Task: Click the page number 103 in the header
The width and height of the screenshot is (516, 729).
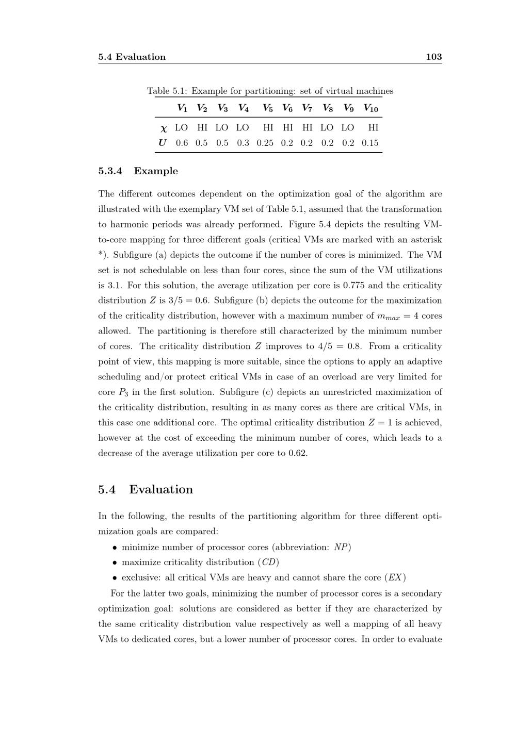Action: (x=433, y=57)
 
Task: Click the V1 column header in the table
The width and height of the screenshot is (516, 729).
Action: (x=182, y=108)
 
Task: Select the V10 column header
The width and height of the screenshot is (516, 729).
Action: (x=370, y=108)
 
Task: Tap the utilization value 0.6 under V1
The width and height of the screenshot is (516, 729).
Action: (x=182, y=143)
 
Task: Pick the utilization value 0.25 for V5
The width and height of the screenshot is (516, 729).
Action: (x=265, y=143)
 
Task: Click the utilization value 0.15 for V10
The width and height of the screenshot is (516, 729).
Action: (x=370, y=143)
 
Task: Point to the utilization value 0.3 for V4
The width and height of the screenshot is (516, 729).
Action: (x=243, y=143)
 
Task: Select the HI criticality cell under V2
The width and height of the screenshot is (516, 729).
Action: (x=202, y=127)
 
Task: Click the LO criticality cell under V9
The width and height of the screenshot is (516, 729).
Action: (x=348, y=127)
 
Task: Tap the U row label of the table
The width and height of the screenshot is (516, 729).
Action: (x=163, y=143)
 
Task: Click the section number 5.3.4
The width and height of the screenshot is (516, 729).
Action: (x=110, y=171)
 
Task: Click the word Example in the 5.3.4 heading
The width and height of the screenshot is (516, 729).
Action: (x=156, y=171)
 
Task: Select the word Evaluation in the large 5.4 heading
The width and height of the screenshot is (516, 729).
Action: (x=161, y=489)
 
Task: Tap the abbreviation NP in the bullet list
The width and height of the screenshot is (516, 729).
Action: (x=341, y=547)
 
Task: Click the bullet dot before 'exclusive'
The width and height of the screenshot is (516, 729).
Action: (x=115, y=578)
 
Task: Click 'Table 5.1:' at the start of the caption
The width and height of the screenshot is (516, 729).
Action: (x=168, y=91)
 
